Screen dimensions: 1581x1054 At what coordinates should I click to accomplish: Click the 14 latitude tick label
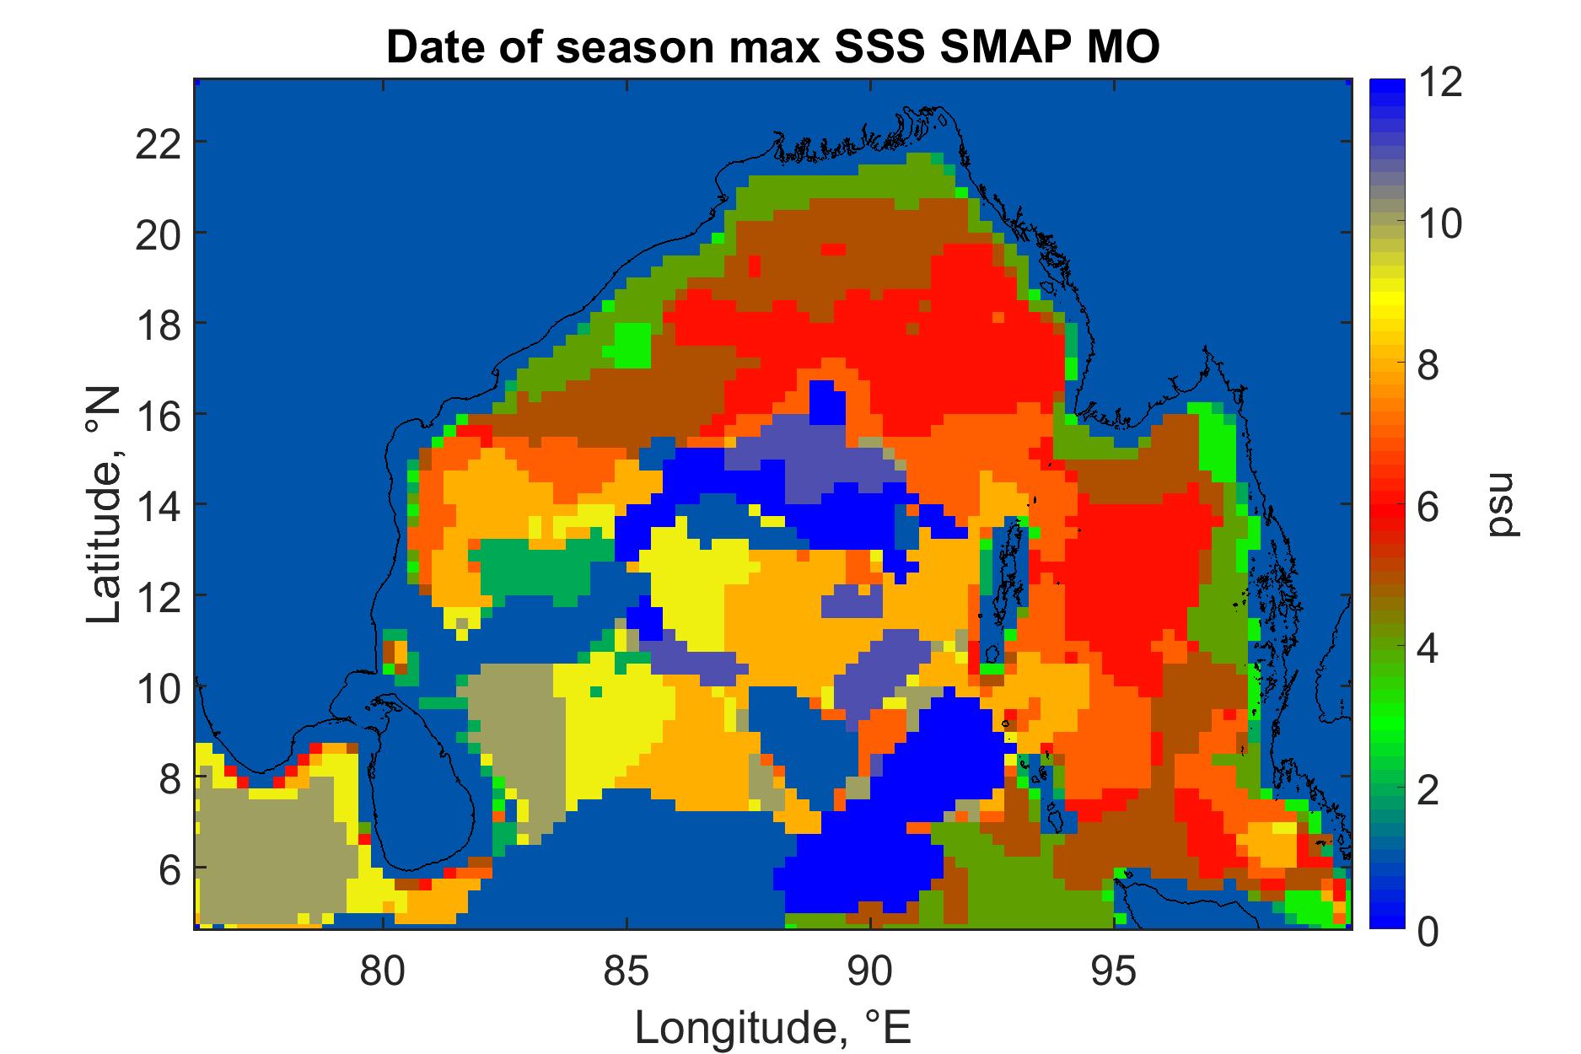click(159, 504)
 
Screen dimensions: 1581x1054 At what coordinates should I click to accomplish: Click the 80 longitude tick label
click(384, 971)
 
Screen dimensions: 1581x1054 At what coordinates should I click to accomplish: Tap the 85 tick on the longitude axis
click(626, 971)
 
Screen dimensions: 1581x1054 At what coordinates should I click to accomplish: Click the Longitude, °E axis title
click(772, 1026)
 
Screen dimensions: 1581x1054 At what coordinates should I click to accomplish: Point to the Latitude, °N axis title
click(105, 505)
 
